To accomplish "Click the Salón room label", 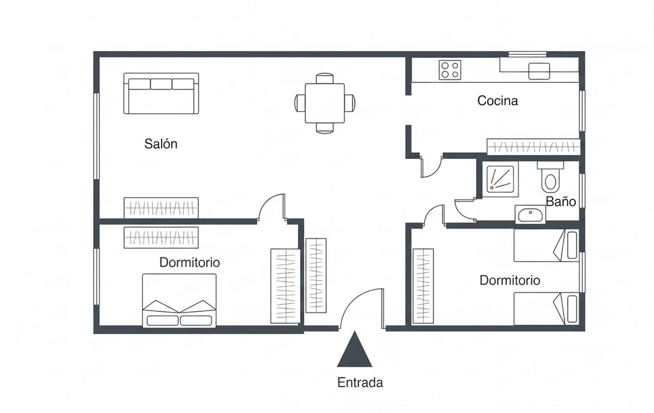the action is coord(160,144).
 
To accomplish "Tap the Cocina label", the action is coord(498,101).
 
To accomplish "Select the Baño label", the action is coord(561,201).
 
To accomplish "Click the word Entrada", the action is coord(360,383).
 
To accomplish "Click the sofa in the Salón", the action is coord(161,94).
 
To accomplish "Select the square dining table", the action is coord(325,103).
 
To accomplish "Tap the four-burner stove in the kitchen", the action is coord(450,69).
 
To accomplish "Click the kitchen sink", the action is coord(539,71).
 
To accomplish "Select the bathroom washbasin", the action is coord(530,215).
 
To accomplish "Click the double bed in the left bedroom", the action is coord(179,300).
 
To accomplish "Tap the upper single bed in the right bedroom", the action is coord(546,245).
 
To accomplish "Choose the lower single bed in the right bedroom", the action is coord(546,309).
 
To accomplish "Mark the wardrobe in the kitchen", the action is coord(533,147).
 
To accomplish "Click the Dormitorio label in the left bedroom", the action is coord(189,263).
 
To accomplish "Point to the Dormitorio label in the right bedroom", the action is coord(510,280).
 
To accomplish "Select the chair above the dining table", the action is coord(324,78).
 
